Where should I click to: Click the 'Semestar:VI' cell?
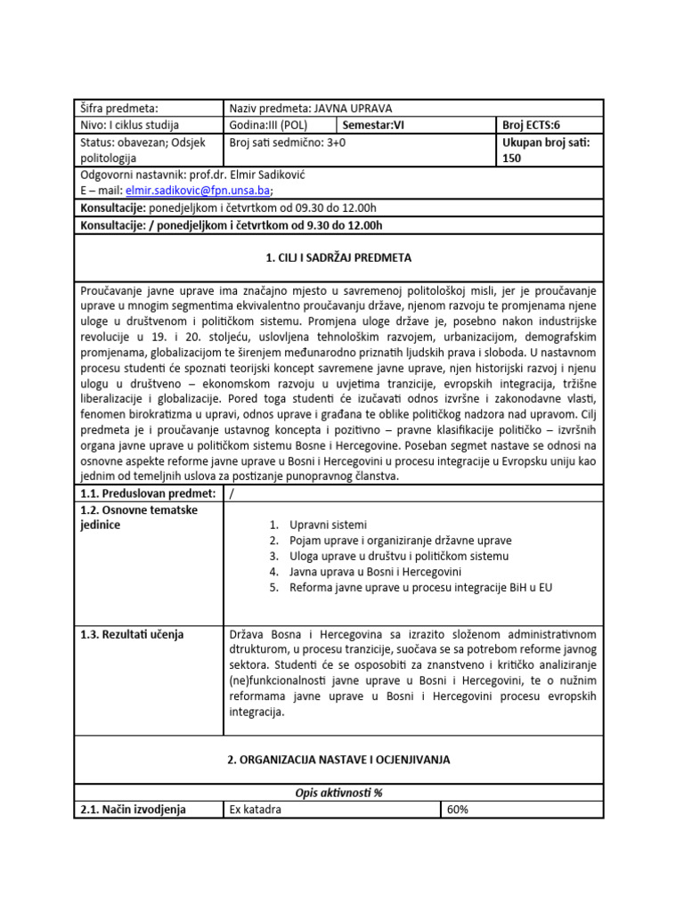pos(373,126)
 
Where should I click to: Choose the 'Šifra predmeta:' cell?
pos(119,108)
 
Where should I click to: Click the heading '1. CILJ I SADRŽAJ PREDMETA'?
pos(338,258)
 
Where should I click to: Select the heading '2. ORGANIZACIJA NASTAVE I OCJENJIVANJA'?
pos(338,760)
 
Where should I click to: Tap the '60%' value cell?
pos(458,810)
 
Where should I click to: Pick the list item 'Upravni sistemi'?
pos(328,525)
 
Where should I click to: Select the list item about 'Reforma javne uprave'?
pos(420,588)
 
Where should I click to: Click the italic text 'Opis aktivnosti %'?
pos(338,793)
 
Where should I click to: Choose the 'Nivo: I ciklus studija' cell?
pos(130,126)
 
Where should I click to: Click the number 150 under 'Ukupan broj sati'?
pos(514,159)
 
